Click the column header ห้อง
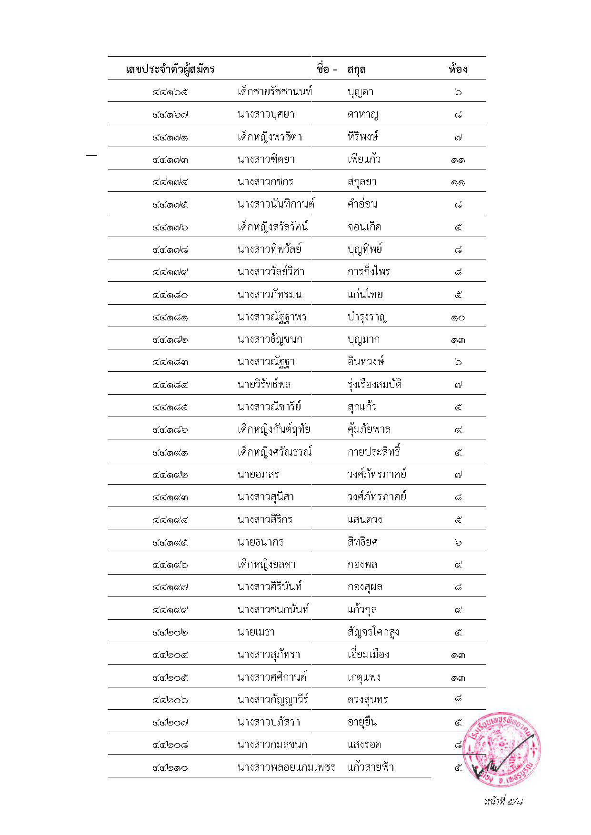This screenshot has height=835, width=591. tap(458, 69)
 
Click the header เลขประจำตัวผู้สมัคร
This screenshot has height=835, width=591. tap(170, 69)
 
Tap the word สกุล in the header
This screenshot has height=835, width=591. tap(356, 70)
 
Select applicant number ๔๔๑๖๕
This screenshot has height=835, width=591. tap(170, 92)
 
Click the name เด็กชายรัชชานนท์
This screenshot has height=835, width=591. tap(275, 91)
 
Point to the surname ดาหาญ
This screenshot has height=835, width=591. tap(363, 114)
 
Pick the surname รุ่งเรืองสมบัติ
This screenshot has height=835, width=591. tap(374, 384)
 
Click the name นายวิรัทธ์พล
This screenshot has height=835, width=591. tap(264, 384)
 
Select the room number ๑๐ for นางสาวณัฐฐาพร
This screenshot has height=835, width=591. tap(458, 317)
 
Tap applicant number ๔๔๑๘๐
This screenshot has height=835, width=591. tap(170, 295)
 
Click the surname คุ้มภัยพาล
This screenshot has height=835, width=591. tap(369, 429)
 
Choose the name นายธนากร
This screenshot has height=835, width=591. tap(260, 542)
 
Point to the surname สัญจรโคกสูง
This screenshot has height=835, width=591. tap(373, 632)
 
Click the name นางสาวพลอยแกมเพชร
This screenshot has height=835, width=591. tap(286, 767)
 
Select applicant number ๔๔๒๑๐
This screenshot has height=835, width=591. tap(170, 767)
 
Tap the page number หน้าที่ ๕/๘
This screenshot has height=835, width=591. tap(503, 801)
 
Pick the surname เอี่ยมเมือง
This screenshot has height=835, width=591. tap(368, 655)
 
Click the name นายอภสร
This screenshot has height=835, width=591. tap(258, 474)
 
